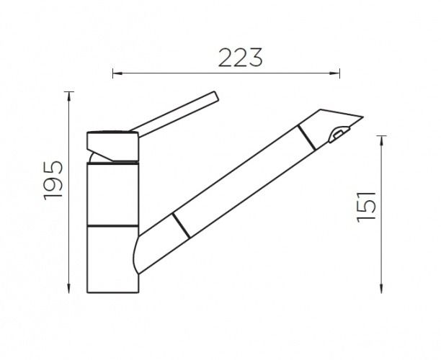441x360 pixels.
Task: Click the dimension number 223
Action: pyautogui.click(x=240, y=58)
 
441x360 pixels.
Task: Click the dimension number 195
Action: pyautogui.click(x=53, y=181)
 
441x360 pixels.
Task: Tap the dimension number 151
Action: pyautogui.click(x=366, y=207)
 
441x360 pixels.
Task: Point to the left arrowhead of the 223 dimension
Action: pyautogui.click(x=117, y=73)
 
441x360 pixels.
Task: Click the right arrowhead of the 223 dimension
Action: pyautogui.click(x=335, y=73)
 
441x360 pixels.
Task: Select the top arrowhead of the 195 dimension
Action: pyautogui.click(x=69, y=96)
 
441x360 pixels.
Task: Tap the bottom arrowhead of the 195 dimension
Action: pyautogui.click(x=69, y=288)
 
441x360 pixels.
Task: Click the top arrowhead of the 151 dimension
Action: pyautogui.click(x=381, y=140)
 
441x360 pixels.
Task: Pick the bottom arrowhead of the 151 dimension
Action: pyautogui.click(x=381, y=288)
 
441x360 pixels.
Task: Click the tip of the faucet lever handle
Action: pyautogui.click(x=216, y=96)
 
